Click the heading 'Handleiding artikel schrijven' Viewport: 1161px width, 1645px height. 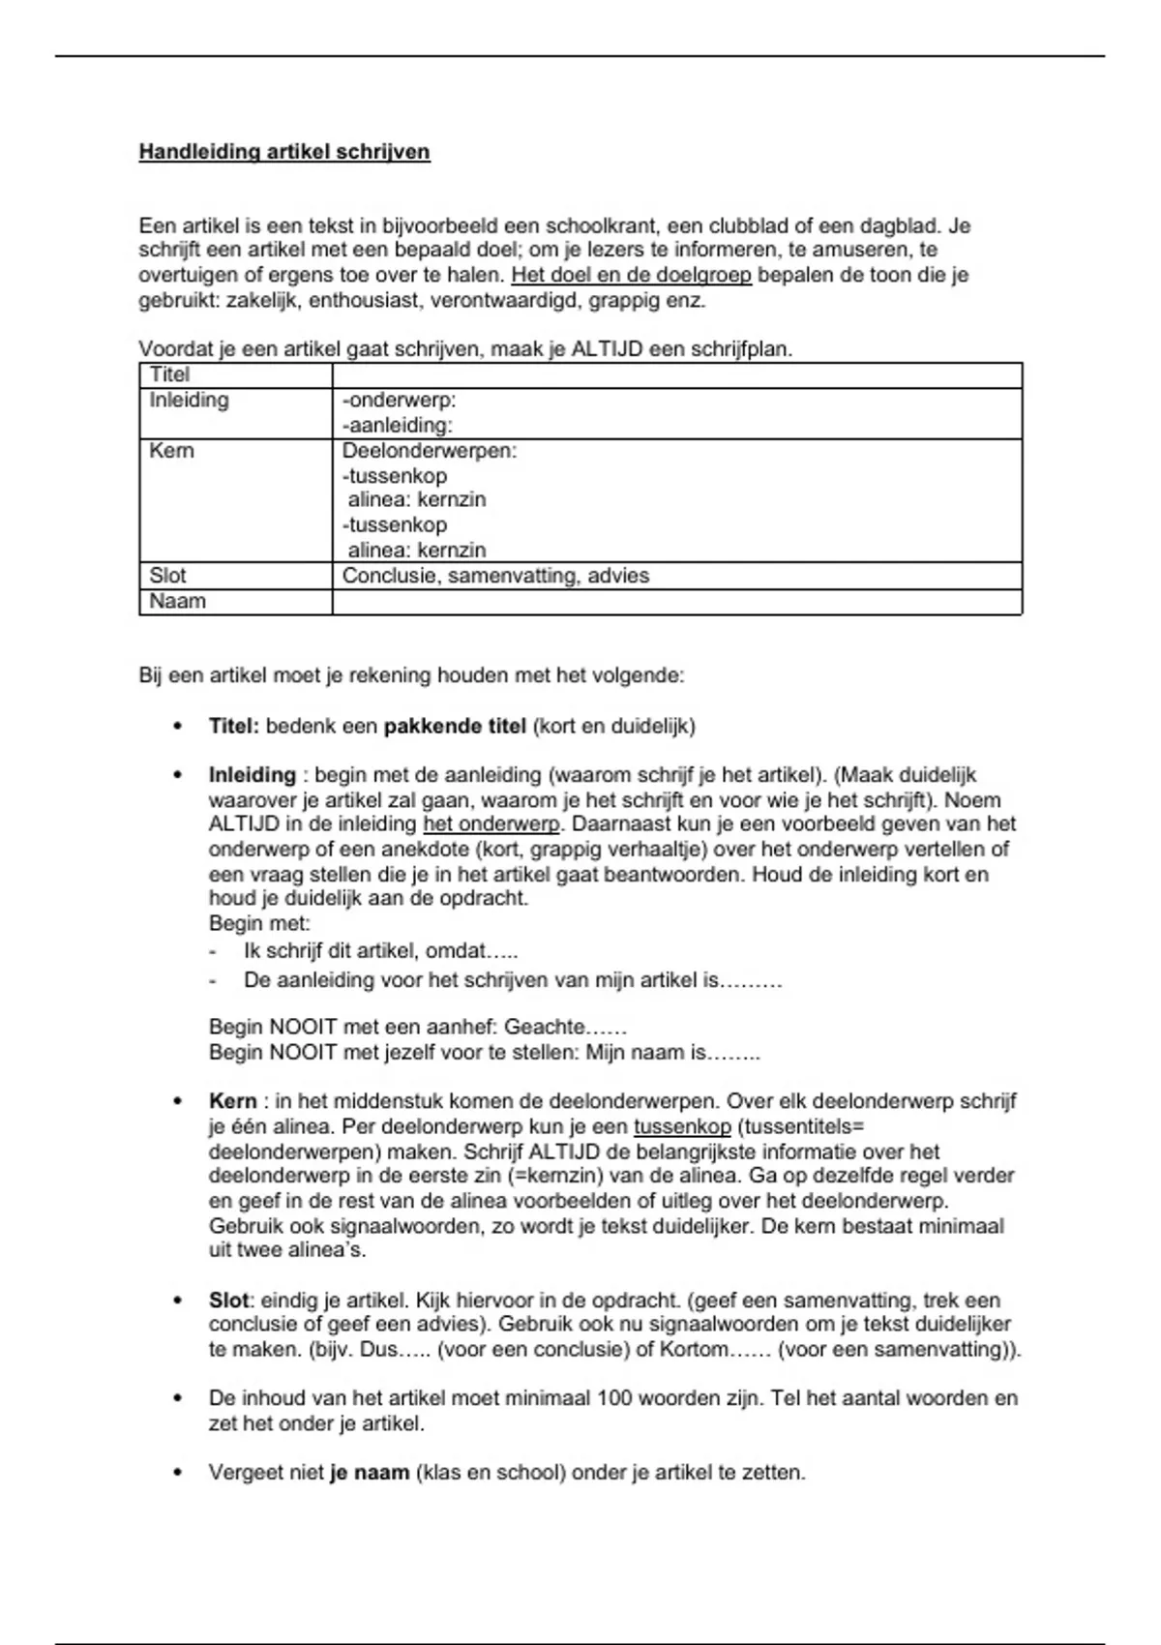[x=284, y=152]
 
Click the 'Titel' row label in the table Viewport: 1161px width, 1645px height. [x=169, y=374]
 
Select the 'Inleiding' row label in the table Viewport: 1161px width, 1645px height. [x=189, y=400]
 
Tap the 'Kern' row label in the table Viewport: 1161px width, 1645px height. [x=171, y=450]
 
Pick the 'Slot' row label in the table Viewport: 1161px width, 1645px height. [x=167, y=576]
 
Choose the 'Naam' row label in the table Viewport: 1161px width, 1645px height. [x=177, y=601]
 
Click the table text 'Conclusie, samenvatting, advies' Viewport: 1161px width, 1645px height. [x=495, y=576]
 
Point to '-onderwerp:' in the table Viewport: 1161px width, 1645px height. [x=399, y=400]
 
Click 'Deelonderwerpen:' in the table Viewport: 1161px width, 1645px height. [x=430, y=450]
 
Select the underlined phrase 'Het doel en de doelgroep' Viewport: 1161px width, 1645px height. [x=631, y=275]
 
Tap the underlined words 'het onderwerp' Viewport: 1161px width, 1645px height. [x=491, y=824]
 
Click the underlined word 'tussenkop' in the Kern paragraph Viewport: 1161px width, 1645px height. [x=682, y=1127]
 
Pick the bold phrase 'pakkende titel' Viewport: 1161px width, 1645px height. [x=455, y=726]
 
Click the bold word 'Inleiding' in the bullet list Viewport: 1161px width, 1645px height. [x=252, y=775]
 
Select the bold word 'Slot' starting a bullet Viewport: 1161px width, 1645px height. [x=228, y=1301]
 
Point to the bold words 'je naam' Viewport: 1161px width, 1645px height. [x=371, y=1473]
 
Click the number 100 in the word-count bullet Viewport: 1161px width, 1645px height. [x=614, y=1398]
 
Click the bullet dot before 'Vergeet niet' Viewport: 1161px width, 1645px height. [x=177, y=1473]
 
